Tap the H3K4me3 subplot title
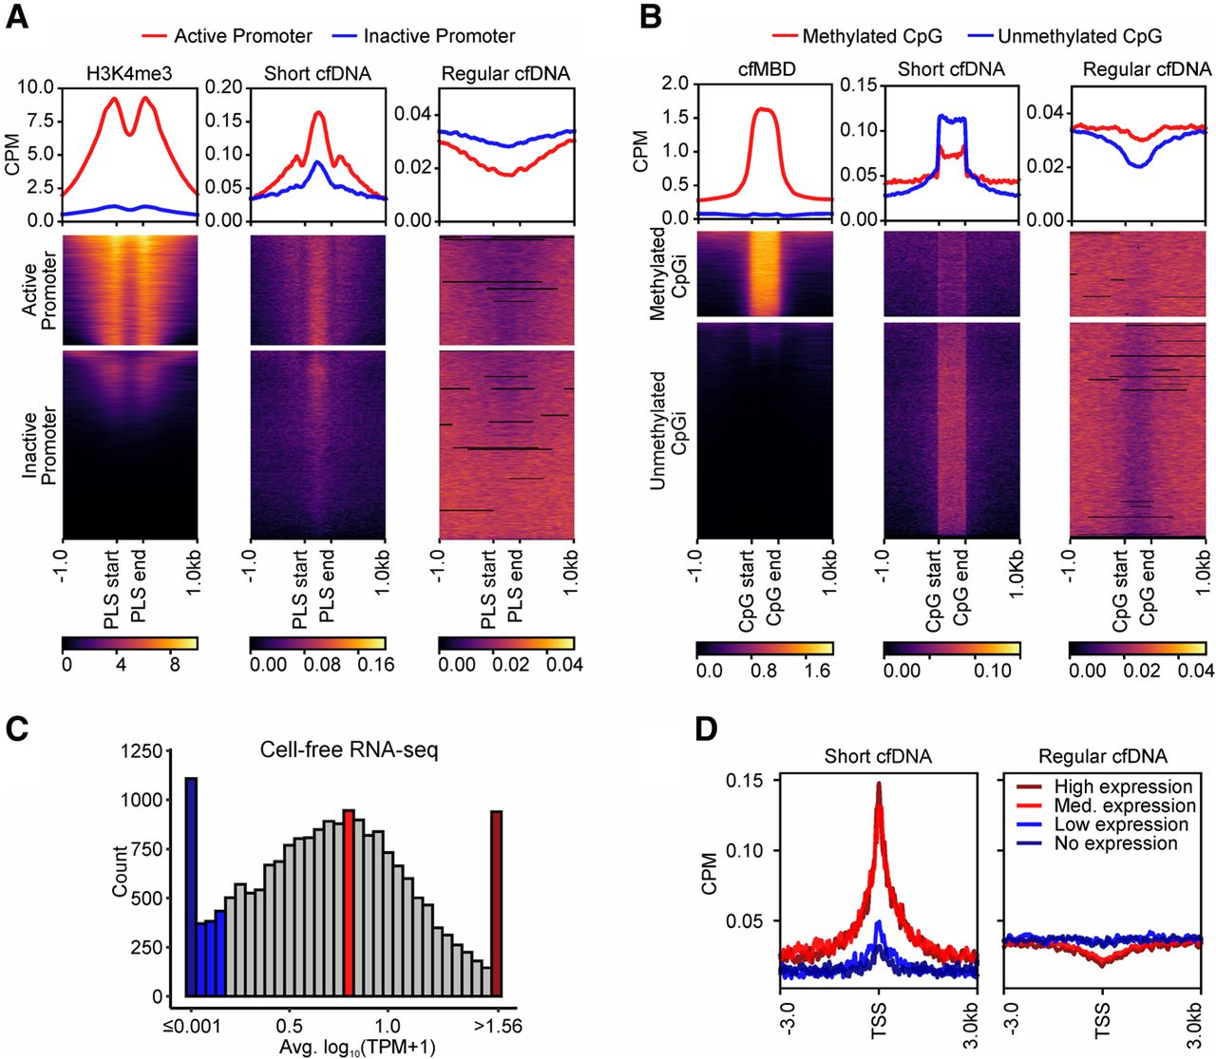[x=128, y=73]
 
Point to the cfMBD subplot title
[x=766, y=68]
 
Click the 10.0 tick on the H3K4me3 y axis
[x=36, y=87]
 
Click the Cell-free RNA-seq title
[x=350, y=750]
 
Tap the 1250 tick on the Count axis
[x=142, y=752]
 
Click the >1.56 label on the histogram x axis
[x=498, y=1026]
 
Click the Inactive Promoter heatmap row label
[x=40, y=446]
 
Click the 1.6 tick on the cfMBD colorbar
[x=817, y=671]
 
